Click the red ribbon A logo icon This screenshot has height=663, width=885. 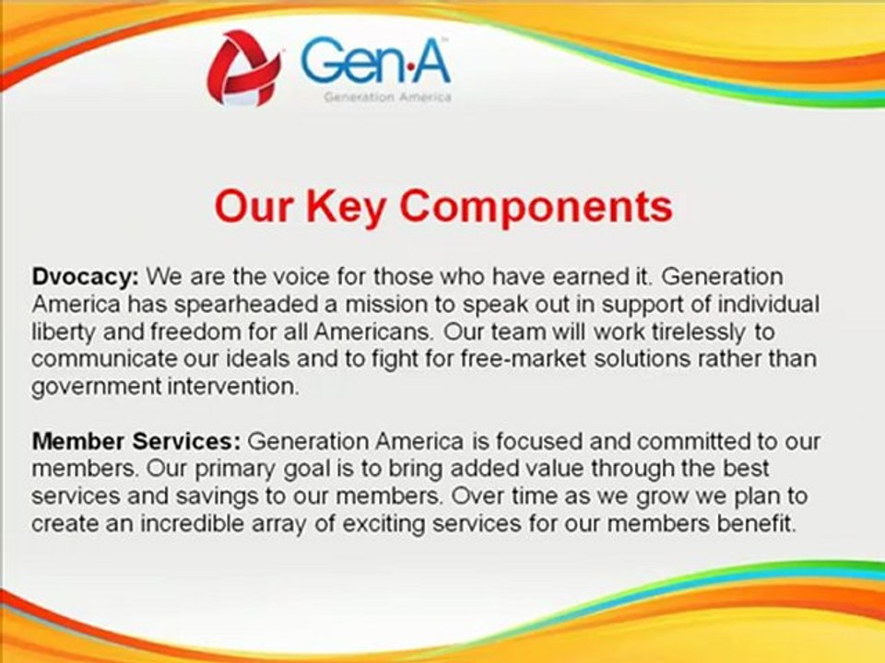coord(243,67)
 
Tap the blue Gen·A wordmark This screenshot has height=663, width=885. coord(375,60)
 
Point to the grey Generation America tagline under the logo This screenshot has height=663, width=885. coord(387,97)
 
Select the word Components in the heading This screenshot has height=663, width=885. coord(537,207)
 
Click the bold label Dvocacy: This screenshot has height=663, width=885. coord(85,277)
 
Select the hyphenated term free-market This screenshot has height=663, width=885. coord(524,359)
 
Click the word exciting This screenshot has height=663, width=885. coord(383,524)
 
